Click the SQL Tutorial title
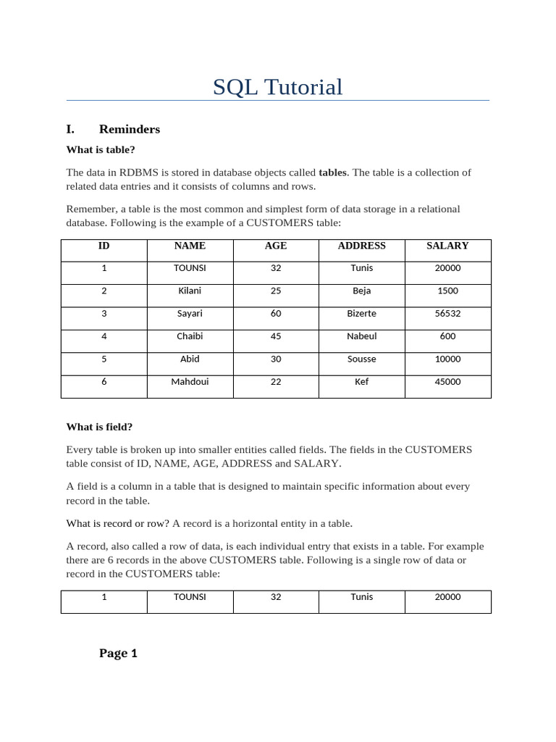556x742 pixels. pos(277,87)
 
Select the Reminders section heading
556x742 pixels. pos(130,129)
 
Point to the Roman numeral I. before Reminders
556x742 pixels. pos(70,129)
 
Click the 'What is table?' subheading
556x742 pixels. pos(101,150)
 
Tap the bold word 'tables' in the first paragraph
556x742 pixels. pos(332,172)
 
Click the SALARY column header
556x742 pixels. pos(447,246)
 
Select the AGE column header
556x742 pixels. pos(276,246)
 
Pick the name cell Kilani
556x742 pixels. pos(190,291)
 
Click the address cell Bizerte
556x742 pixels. pos(361,314)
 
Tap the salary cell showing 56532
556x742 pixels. pos(447,314)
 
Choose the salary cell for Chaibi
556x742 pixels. pos(447,336)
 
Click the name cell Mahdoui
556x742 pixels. pos(190,382)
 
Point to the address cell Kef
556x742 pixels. pos(361,382)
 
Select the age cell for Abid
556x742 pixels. pos(276,359)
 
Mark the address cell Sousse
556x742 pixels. pos(361,359)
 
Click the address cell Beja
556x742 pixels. pos(361,291)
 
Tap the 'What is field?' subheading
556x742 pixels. pos(99,427)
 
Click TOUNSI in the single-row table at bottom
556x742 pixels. pos(190,597)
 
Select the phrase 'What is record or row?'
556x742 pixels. pos(118,523)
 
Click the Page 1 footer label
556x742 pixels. pos(118,653)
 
